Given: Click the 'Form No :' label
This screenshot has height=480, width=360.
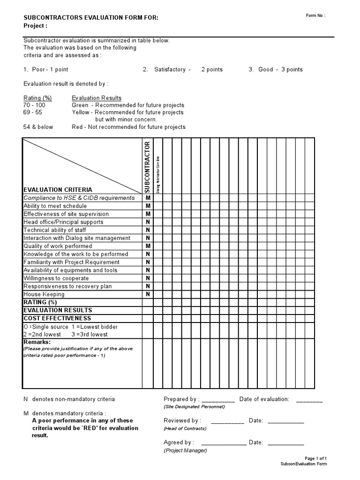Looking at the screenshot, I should point(315,15).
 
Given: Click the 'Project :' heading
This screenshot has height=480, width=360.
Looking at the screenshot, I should point(35,26).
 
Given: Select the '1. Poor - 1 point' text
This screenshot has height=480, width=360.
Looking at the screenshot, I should point(46,69).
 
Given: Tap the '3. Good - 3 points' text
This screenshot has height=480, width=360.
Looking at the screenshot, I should point(276,69).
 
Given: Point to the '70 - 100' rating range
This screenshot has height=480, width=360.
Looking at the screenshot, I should point(34,105).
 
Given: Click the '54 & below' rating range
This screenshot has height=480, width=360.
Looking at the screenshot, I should point(38,127).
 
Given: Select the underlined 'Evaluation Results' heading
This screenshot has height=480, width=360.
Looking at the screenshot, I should point(97,98).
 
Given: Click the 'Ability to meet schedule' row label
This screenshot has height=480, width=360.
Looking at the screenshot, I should point(55,206).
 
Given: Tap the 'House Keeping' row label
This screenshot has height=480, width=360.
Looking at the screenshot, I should point(44,294).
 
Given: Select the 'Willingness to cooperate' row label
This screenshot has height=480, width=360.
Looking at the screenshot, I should point(56,278).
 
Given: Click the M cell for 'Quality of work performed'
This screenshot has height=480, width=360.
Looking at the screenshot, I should point(148,246).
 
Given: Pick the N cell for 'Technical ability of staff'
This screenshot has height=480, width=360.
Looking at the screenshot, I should point(148,230).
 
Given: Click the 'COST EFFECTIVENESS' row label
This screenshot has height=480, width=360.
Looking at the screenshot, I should point(57,318).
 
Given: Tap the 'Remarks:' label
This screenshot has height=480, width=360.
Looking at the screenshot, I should point(37,343).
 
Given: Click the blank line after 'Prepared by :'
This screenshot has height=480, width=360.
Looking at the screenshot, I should point(217,400).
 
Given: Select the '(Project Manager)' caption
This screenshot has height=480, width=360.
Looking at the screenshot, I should point(185,450).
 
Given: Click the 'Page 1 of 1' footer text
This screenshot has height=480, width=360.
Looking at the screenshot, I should point(315,458).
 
